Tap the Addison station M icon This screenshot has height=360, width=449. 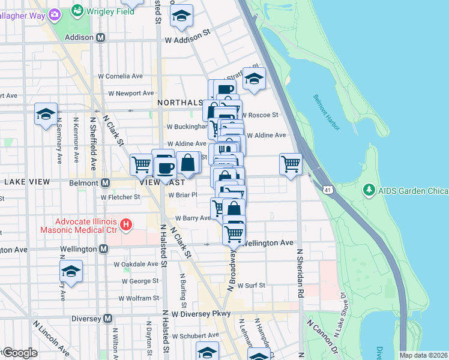click(x=101, y=37)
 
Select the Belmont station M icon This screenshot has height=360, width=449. click(x=106, y=182)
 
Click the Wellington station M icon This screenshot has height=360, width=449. click(x=103, y=248)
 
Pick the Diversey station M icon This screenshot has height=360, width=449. click(x=108, y=318)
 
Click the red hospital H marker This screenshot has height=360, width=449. click(x=125, y=226)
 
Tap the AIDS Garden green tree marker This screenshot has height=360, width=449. click(x=369, y=191)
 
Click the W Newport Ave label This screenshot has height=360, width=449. click(x=131, y=93)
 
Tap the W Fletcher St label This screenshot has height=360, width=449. click(x=120, y=196)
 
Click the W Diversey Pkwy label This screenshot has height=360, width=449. click(x=201, y=313)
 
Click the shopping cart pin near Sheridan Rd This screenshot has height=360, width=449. click(x=291, y=163)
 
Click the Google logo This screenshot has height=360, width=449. click(x=19, y=353)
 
